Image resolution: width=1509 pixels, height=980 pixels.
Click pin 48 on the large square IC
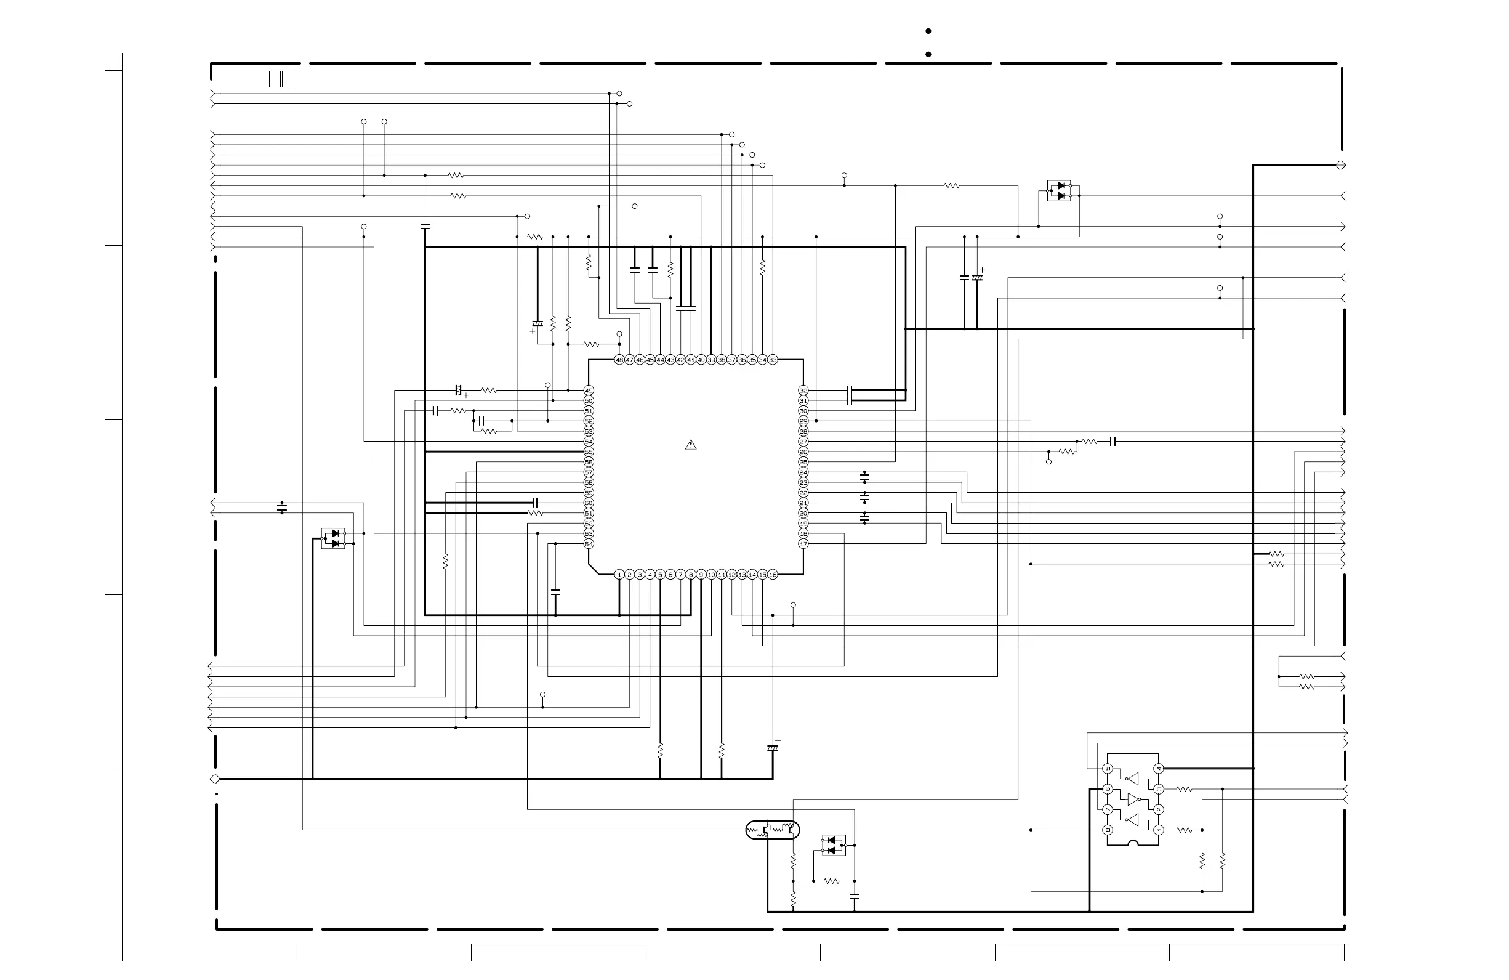tap(619, 360)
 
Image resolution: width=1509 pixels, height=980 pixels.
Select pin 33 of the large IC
tap(772, 360)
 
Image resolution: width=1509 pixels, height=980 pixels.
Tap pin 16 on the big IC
tap(772, 575)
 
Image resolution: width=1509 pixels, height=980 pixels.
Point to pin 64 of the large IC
tap(589, 544)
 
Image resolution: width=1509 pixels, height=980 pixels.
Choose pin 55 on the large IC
tap(589, 452)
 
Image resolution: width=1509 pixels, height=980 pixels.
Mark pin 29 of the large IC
tap(803, 421)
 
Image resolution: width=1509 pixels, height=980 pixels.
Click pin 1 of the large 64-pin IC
tap(619, 575)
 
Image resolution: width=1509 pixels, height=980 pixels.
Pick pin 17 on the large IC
tap(803, 544)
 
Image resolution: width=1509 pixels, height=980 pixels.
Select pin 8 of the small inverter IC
tap(1108, 830)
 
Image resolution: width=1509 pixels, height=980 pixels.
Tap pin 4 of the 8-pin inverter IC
tap(1159, 769)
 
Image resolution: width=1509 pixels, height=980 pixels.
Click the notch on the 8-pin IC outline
tap(1133, 843)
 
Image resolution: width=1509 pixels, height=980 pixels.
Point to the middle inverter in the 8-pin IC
tap(1133, 800)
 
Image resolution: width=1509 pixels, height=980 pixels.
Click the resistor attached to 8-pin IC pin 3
tap(1185, 789)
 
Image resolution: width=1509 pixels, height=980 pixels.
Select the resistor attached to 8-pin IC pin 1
tap(1185, 830)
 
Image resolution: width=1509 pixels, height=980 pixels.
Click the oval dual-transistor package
tap(772, 829)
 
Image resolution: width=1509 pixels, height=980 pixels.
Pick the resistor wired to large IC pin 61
tap(536, 513)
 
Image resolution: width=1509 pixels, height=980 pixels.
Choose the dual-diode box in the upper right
tap(1059, 191)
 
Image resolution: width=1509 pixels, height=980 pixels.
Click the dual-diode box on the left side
tap(334, 538)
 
